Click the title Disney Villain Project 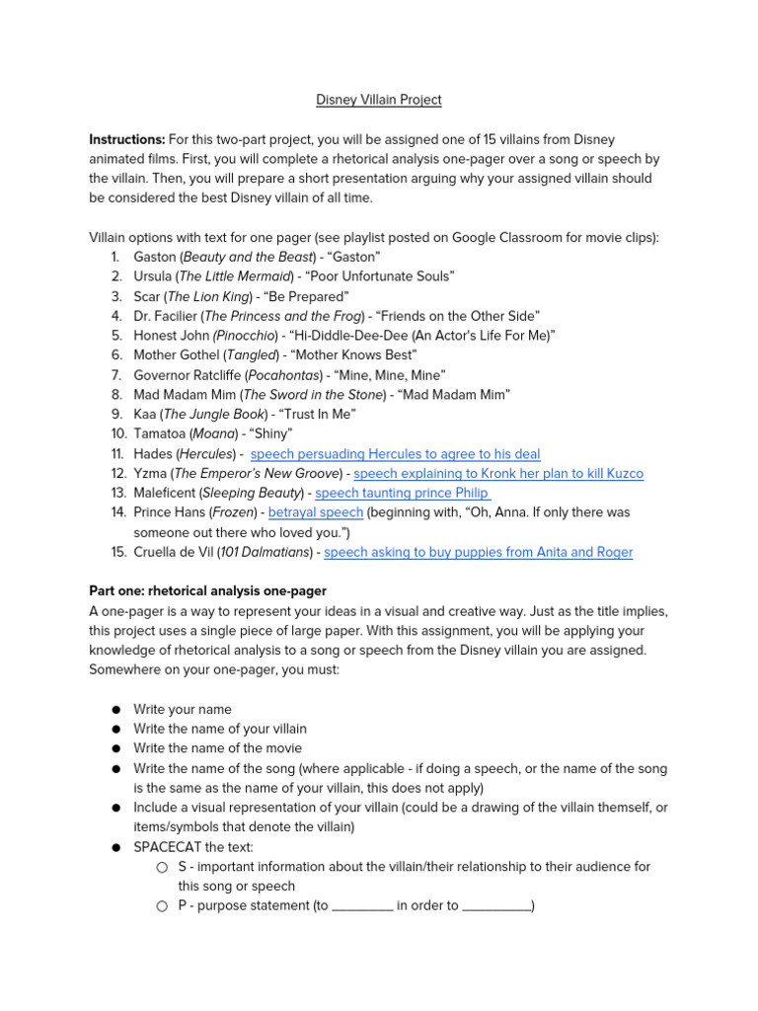coord(378,100)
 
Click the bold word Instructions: coord(127,140)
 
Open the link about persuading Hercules coord(395,454)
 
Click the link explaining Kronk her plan coord(498,474)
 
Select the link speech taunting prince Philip coord(403,494)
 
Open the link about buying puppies coord(478,553)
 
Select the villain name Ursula coord(155,276)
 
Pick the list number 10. coord(118,434)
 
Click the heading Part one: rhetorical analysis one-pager coord(215,591)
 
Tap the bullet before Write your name coord(115,710)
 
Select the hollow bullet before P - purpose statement coord(161,906)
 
